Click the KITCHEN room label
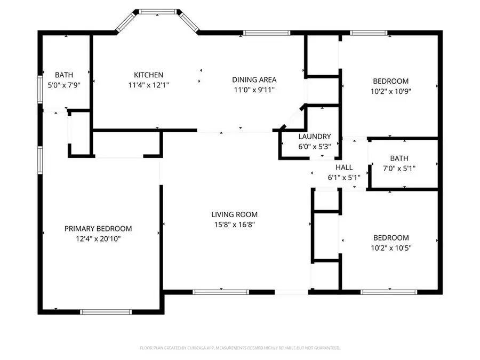(x=148, y=75)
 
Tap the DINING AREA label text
(x=254, y=80)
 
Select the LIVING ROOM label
(x=235, y=214)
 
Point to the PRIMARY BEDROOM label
(x=98, y=229)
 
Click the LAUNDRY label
(x=315, y=137)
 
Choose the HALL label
(x=344, y=167)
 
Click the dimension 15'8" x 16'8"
(x=235, y=225)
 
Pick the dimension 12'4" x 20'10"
(x=98, y=239)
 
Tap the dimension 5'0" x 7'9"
(x=64, y=85)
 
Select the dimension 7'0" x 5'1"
(x=399, y=169)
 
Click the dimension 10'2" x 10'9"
(x=391, y=91)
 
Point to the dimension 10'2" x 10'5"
(x=391, y=248)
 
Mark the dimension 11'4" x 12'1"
(x=149, y=85)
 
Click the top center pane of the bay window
(x=158, y=12)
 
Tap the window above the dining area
(x=267, y=33)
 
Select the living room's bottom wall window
(x=221, y=292)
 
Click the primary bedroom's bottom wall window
(x=106, y=312)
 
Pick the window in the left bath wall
(x=40, y=89)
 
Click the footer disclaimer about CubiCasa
(x=240, y=348)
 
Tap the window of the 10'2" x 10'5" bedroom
(x=389, y=292)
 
